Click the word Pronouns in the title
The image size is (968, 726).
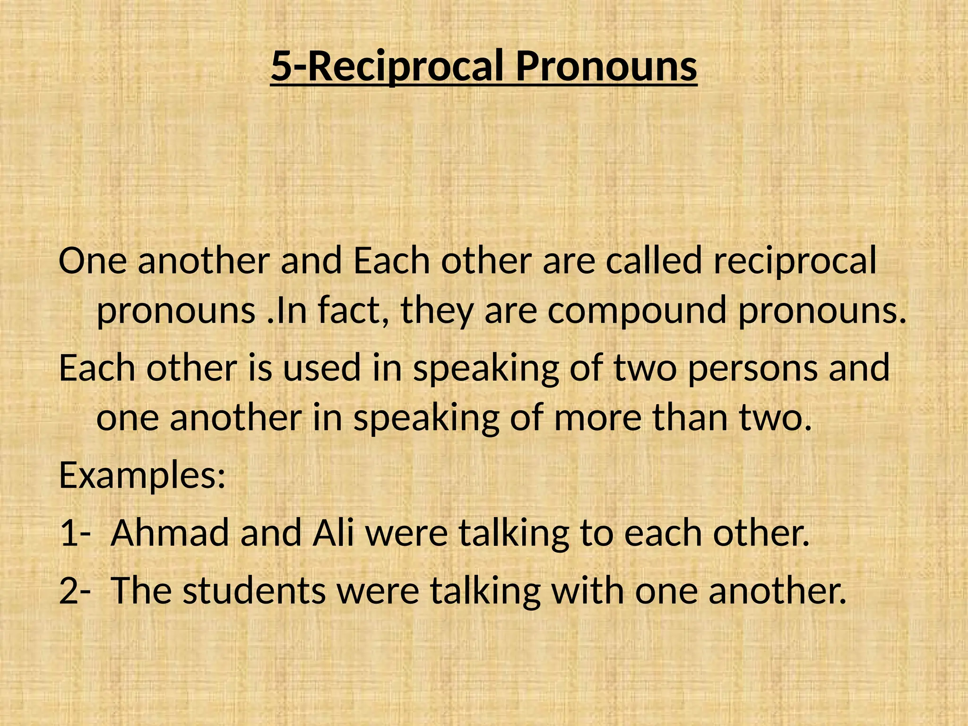(x=606, y=67)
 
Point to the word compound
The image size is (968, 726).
(x=636, y=312)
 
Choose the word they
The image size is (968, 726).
(x=436, y=312)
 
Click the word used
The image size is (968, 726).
(x=322, y=368)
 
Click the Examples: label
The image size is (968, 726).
(x=142, y=475)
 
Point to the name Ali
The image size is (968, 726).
(x=333, y=533)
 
